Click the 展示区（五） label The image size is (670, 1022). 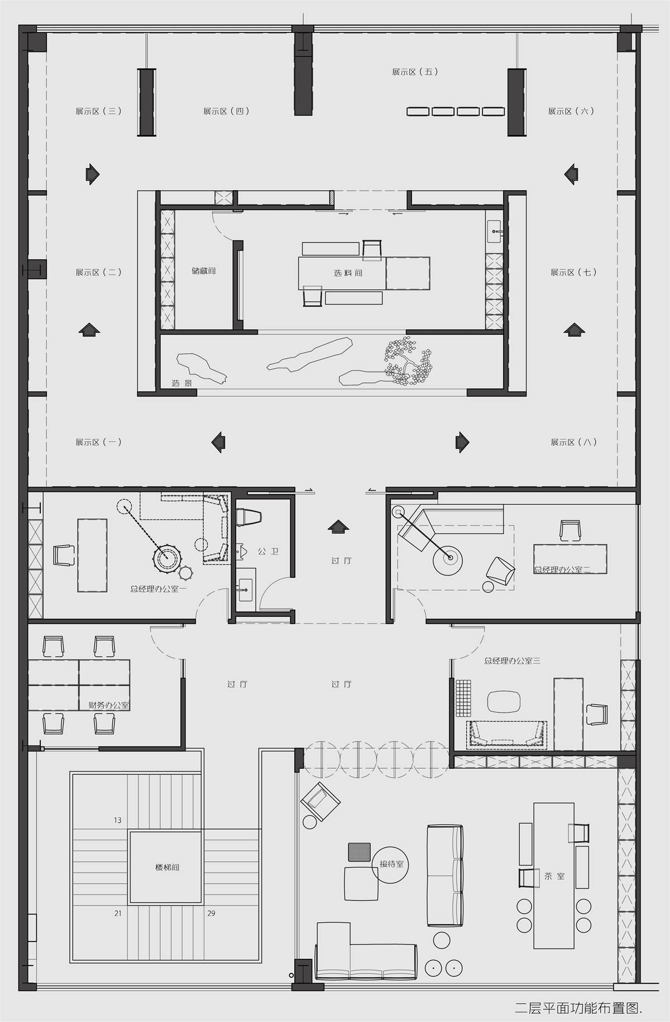(x=415, y=72)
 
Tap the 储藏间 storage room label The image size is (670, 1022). (x=203, y=271)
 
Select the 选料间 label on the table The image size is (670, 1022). (x=348, y=273)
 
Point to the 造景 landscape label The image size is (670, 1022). (x=182, y=383)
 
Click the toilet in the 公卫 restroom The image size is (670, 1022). (x=248, y=517)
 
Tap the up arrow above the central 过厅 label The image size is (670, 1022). (x=338, y=527)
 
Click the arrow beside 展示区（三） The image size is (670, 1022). (x=93, y=174)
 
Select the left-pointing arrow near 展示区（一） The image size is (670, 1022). (x=218, y=442)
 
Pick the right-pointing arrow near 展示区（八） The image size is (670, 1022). (x=462, y=442)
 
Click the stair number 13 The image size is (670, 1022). (x=118, y=820)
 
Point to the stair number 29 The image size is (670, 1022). (x=211, y=913)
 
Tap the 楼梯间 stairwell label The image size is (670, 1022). (x=167, y=867)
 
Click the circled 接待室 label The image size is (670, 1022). (x=391, y=864)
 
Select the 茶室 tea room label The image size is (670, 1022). (x=554, y=876)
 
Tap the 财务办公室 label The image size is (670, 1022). (x=109, y=705)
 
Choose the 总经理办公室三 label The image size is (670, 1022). (x=512, y=661)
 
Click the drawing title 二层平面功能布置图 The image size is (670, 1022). (x=578, y=1007)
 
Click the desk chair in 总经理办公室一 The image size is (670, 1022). (x=64, y=556)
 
